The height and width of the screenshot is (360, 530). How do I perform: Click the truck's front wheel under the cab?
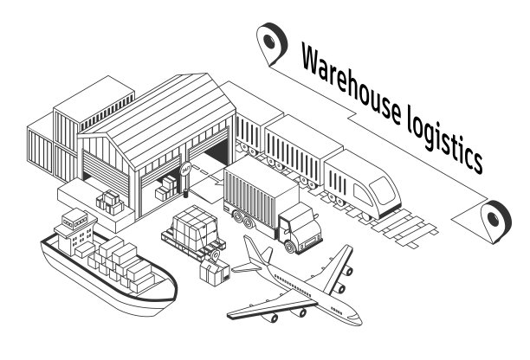(x=288, y=245)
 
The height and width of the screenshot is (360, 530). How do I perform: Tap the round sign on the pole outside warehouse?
(x=184, y=170)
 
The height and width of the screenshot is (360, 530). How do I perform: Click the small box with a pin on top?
(x=213, y=272)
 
